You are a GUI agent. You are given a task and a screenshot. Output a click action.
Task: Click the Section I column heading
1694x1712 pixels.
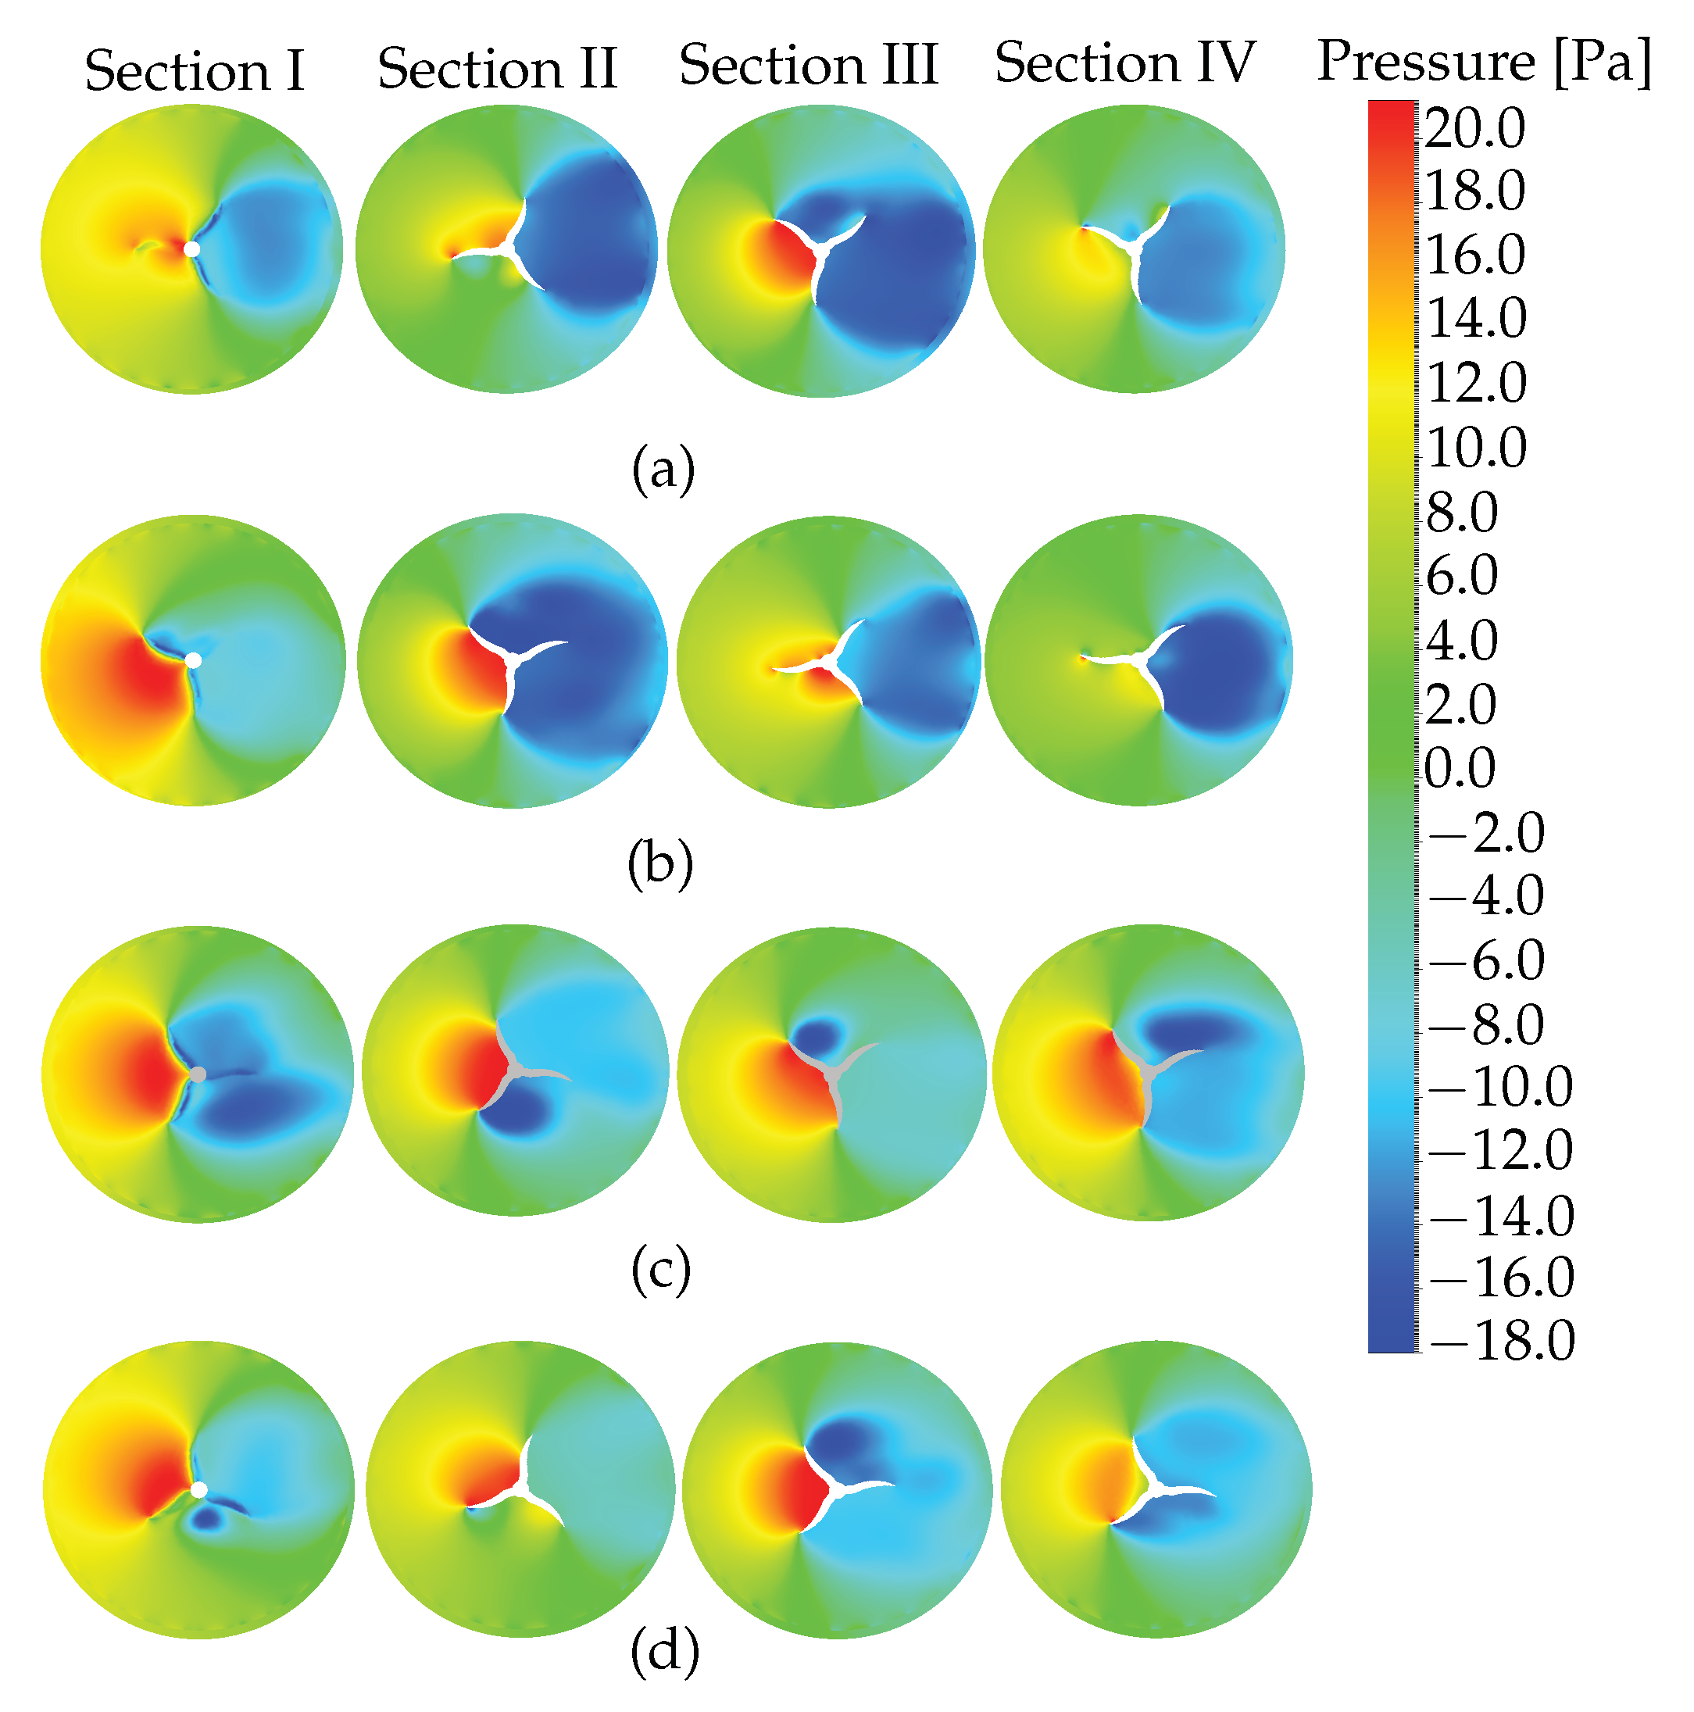coord(194,71)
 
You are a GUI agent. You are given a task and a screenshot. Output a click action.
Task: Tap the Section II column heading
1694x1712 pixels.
coord(497,68)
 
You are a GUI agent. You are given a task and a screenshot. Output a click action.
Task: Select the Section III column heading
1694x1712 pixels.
coord(808,65)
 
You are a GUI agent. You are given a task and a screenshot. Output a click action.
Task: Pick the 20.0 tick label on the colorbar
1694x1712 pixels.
coord(1474,128)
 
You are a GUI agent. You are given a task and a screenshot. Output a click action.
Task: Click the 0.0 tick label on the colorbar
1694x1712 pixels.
coord(1460,767)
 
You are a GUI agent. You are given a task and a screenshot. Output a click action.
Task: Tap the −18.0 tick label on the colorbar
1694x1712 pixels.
coord(1501,1340)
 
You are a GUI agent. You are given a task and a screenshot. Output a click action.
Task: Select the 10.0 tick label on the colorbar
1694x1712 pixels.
coord(1475,447)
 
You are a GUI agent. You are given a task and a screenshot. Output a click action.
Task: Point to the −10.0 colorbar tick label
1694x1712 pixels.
coord(1500,1085)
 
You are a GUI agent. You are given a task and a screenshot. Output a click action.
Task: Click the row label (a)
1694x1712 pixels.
coord(663,470)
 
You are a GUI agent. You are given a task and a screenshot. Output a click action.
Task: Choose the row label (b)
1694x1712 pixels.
coord(660,864)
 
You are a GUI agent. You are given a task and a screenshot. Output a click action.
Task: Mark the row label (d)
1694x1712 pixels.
coord(664,1652)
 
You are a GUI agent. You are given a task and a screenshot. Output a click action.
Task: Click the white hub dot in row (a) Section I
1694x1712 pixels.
coord(191,250)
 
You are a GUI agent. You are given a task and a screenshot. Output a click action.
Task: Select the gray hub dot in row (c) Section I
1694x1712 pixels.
coord(198,1074)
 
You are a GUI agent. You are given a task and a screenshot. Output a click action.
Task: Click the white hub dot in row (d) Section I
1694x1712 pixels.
coord(199,1490)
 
